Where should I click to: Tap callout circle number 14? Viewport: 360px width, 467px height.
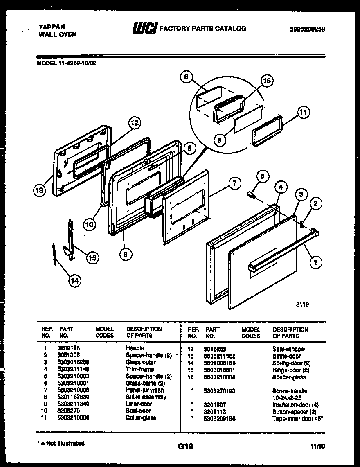click(74, 280)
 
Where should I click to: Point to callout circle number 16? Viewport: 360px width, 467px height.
click(267, 81)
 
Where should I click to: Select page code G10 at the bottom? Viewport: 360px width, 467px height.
click(185, 446)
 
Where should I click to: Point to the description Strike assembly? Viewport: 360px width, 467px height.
click(146, 397)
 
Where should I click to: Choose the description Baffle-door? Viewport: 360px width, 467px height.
click(286, 356)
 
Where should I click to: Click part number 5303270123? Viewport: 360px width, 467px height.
click(220, 391)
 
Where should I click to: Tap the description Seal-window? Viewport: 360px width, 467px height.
click(288, 349)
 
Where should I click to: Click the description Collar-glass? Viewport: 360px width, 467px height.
click(141, 417)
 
